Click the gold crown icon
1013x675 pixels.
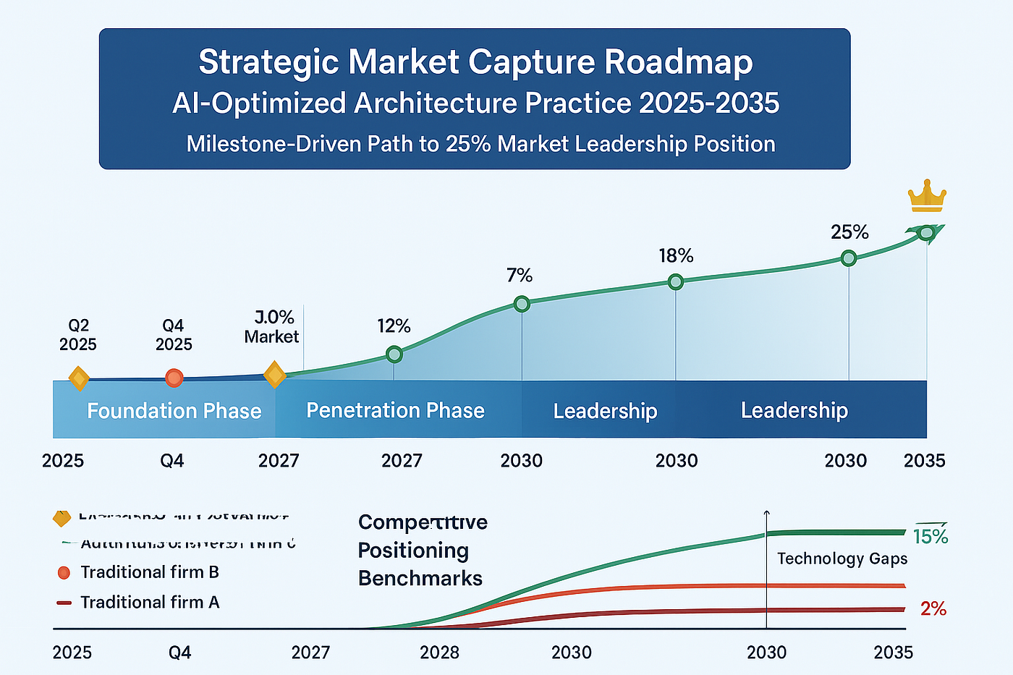(x=927, y=196)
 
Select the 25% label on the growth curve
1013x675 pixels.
(x=849, y=232)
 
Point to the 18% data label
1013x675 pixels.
(x=676, y=256)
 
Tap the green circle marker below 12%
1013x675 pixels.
(x=394, y=355)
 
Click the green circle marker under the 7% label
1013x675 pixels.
(x=522, y=304)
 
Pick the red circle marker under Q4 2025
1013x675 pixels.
(x=174, y=378)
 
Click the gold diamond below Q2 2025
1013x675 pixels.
(x=78, y=378)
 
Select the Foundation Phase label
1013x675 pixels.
(x=174, y=411)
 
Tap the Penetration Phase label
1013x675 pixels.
(x=395, y=410)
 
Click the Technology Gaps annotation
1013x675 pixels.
(x=842, y=559)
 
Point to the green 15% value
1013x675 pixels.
(x=930, y=536)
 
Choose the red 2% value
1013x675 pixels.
(x=933, y=609)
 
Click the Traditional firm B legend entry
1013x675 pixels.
(x=149, y=572)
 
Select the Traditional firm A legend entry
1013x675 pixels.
(x=149, y=603)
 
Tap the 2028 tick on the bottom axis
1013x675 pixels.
(x=439, y=653)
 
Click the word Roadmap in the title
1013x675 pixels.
(x=678, y=62)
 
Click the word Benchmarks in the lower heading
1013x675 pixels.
(x=420, y=579)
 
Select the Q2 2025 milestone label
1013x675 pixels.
(x=78, y=335)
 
